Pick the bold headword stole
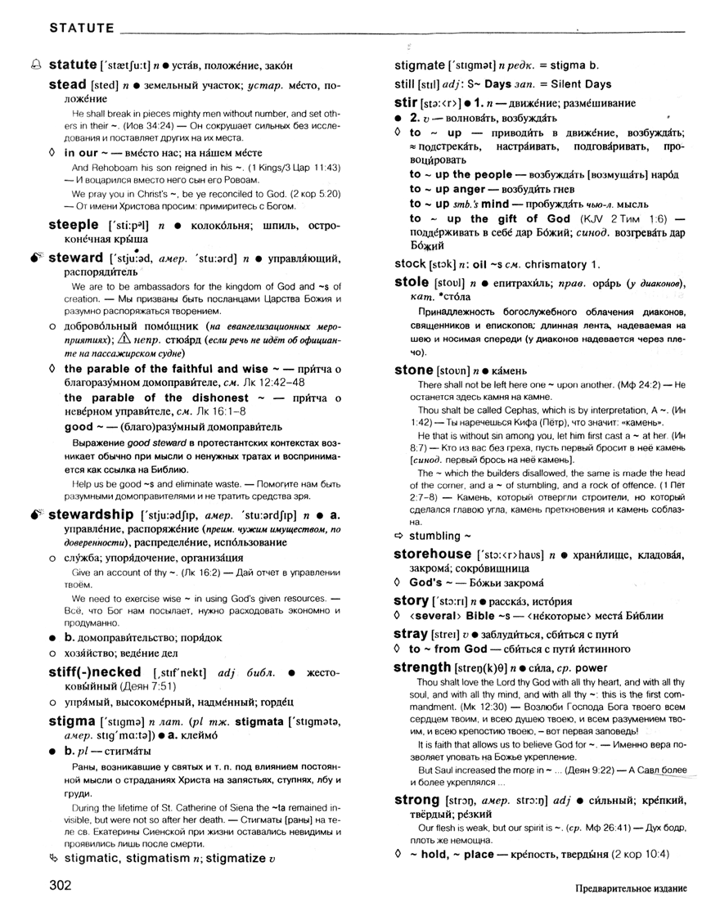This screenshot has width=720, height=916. point(412,282)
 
